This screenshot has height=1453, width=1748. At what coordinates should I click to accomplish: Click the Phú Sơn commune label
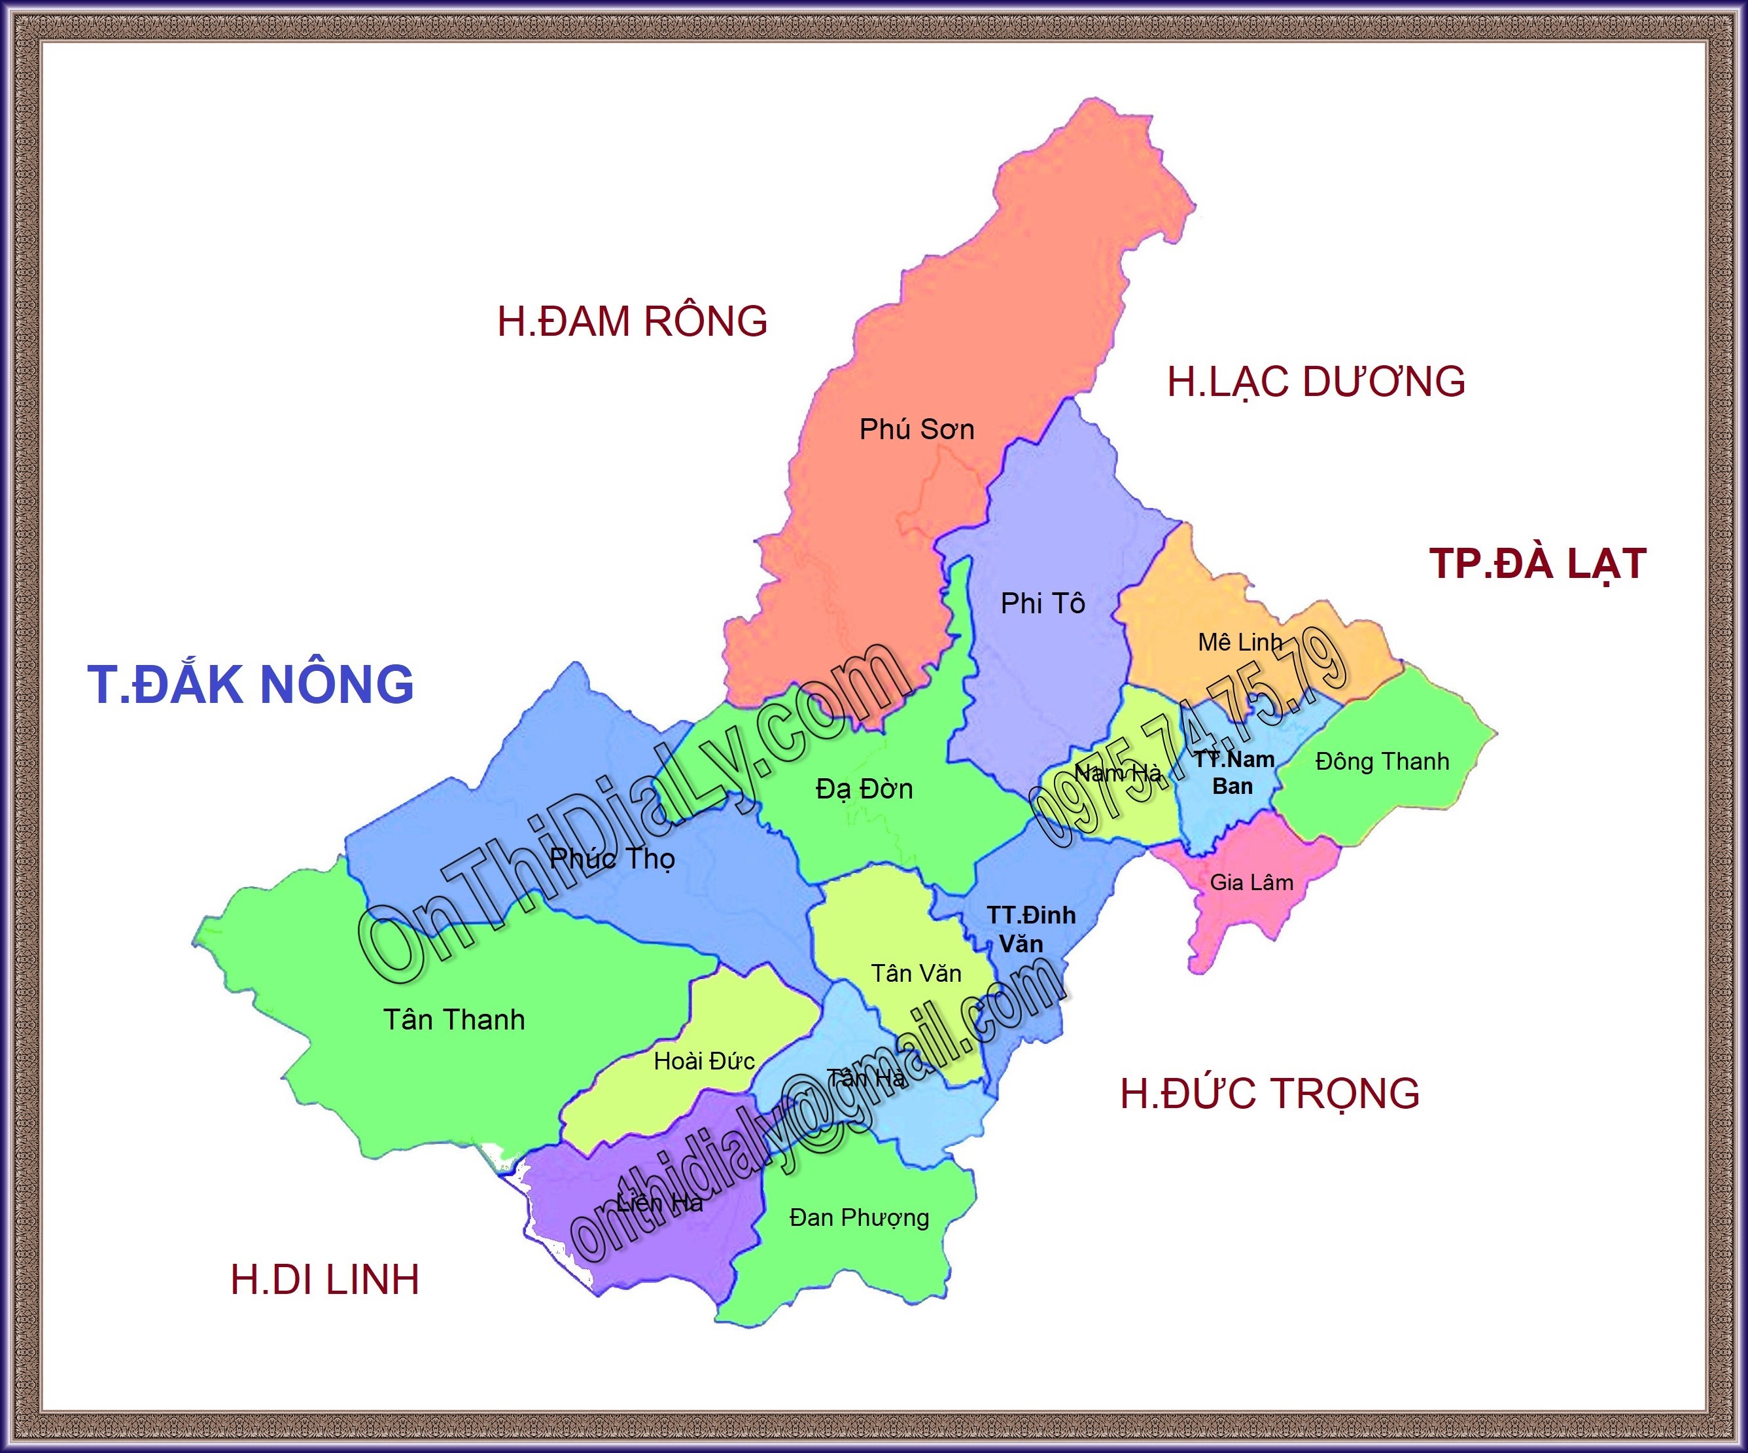pos(917,429)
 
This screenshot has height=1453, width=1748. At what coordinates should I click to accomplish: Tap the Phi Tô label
pos(1042,603)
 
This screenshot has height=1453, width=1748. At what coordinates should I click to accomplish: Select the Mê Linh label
pos(1240,642)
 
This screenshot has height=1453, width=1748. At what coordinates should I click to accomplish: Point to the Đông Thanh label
pos(1382,761)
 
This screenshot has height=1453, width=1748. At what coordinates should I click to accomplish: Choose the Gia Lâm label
pos(1251,883)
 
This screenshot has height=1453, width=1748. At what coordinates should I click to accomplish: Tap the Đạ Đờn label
pos(864,789)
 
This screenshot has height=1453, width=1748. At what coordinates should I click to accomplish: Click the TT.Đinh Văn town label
pos(1030,929)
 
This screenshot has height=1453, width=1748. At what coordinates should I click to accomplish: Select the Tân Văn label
pos(916,973)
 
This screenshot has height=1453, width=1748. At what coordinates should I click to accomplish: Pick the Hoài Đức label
pos(704,1061)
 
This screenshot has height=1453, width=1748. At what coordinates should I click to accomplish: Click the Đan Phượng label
pos(859,1217)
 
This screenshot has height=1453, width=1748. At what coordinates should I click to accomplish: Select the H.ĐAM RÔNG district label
pos(632,321)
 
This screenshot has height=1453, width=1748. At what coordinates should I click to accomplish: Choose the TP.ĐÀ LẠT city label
pos(1537,564)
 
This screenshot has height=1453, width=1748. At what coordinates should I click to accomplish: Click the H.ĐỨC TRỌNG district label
pos(1269,1093)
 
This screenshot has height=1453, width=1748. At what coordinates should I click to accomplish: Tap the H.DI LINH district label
pos(324,1280)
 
